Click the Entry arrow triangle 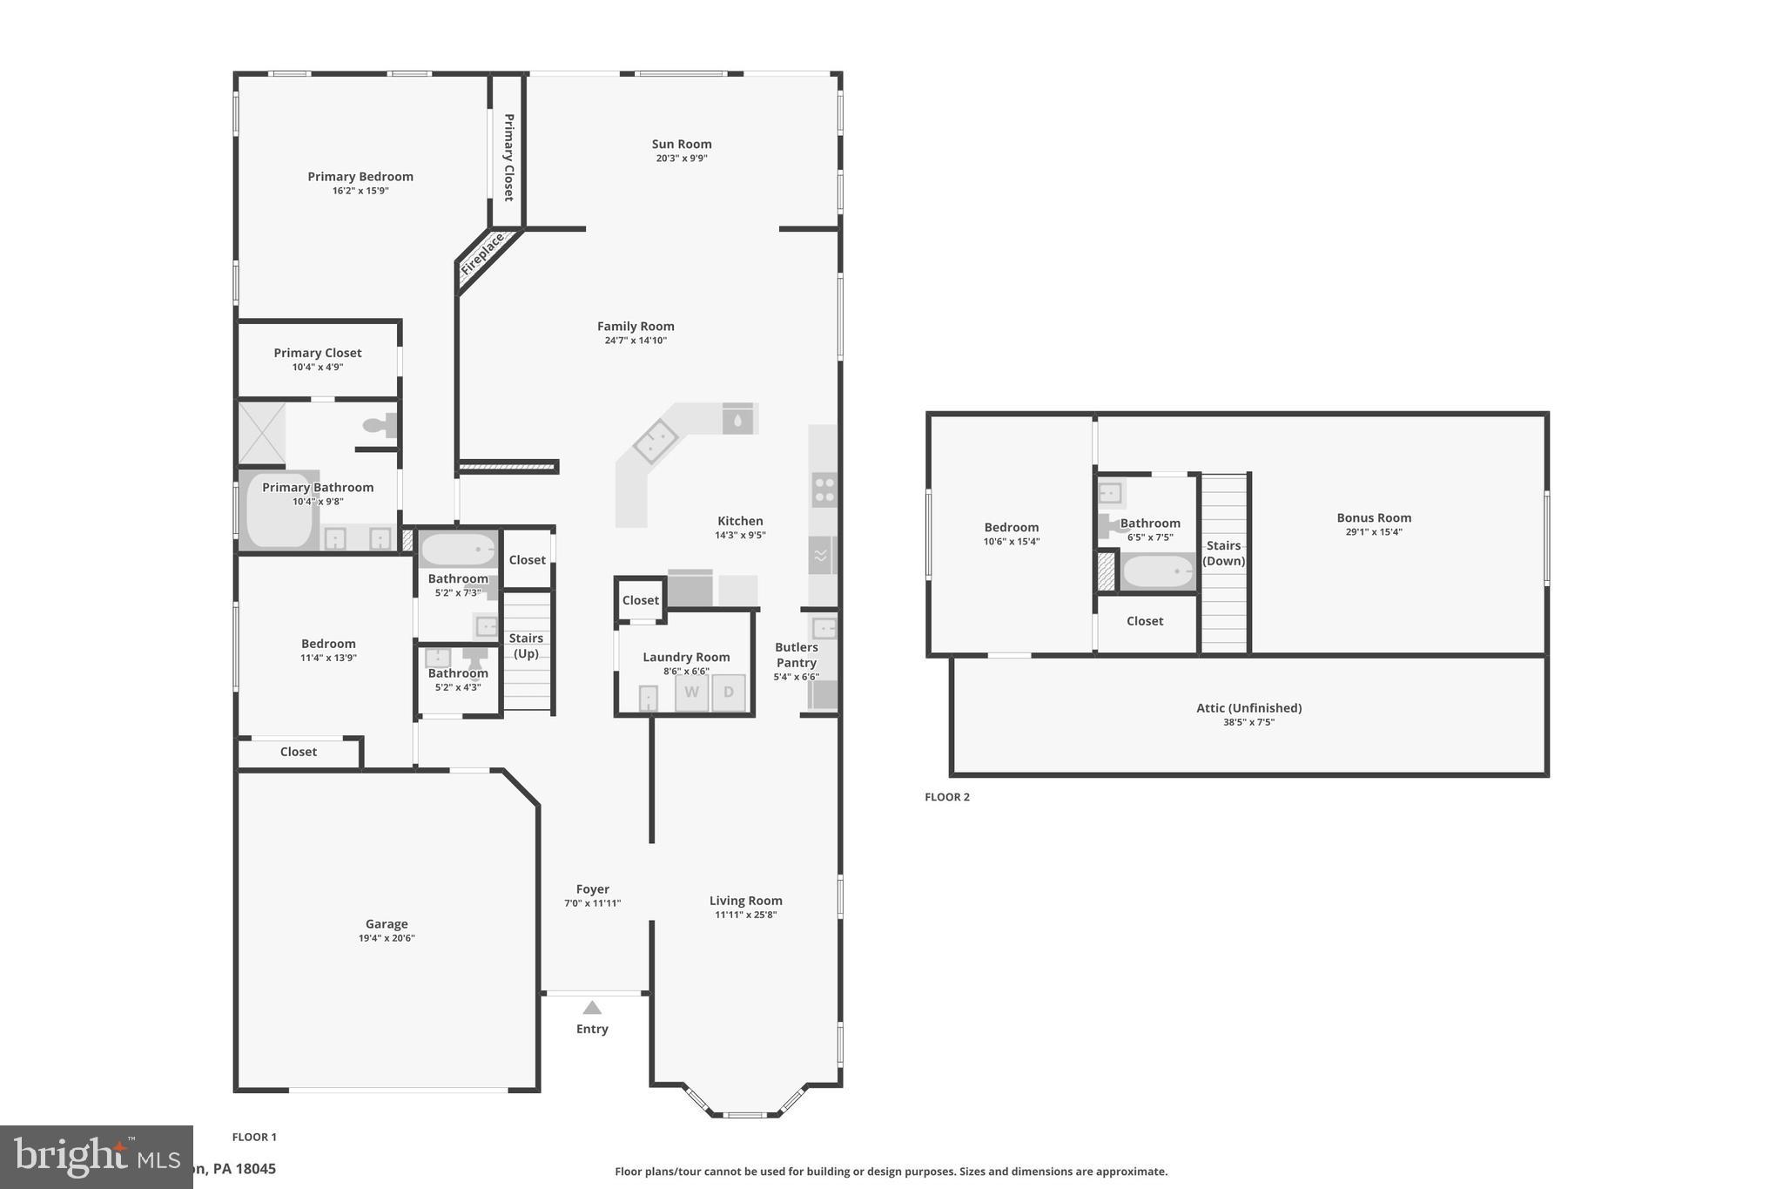[592, 1008]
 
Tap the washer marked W [691, 692]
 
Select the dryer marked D [729, 692]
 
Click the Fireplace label [482, 254]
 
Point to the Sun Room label [682, 145]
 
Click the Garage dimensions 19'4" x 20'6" [387, 938]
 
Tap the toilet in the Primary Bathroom [380, 426]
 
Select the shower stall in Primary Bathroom [261, 433]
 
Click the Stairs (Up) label [526, 645]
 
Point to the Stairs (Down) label [1223, 553]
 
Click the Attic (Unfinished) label [1248, 708]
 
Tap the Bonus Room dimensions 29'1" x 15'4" [1374, 532]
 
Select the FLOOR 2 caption [947, 797]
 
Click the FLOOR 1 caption [254, 1137]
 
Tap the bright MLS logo [96, 1157]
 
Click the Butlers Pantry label [796, 655]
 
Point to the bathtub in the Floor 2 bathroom [1157, 572]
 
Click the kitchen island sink [656, 442]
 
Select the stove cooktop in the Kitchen [824, 490]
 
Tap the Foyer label [592, 889]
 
